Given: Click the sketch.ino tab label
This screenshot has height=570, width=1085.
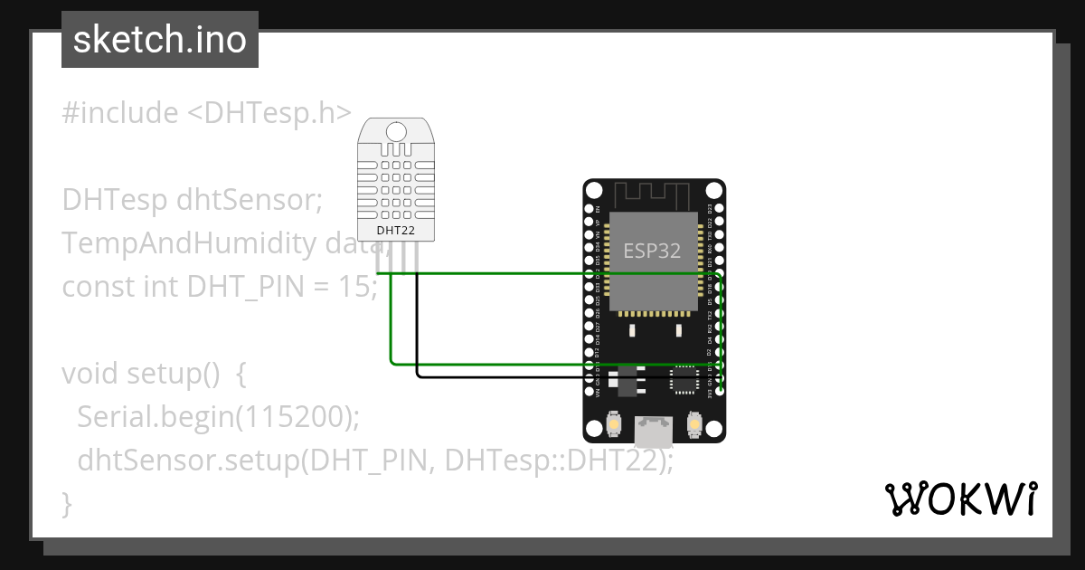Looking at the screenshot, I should coord(160,40).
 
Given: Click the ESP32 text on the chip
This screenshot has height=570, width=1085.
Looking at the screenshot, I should coord(652,250).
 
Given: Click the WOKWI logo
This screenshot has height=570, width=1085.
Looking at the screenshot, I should coord(959,499).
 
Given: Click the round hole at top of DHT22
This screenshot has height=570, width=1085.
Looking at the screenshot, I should coord(395,131).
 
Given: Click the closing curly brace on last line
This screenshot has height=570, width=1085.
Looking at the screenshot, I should coord(66,502).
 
